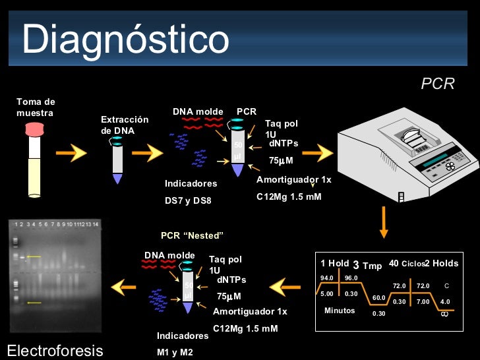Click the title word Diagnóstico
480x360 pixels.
pyautogui.click(x=125, y=40)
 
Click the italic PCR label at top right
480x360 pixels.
pyautogui.click(x=438, y=84)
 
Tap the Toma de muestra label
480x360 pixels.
pyautogui.click(x=36, y=107)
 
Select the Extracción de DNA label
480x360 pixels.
pyautogui.click(x=124, y=125)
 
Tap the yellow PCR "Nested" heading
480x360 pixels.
pyautogui.click(x=193, y=235)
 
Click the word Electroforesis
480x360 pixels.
pyautogui.click(x=55, y=350)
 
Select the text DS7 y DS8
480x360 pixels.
pyautogui.click(x=188, y=200)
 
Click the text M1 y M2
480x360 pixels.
pyautogui.click(x=175, y=352)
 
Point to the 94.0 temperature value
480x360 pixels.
pyautogui.click(x=327, y=278)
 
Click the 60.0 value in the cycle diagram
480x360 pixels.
pyautogui.click(x=378, y=298)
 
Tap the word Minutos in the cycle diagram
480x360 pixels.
pyautogui.click(x=340, y=311)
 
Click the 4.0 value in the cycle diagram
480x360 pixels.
pyautogui.click(x=445, y=301)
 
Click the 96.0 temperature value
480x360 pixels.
pyautogui.click(x=351, y=278)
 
